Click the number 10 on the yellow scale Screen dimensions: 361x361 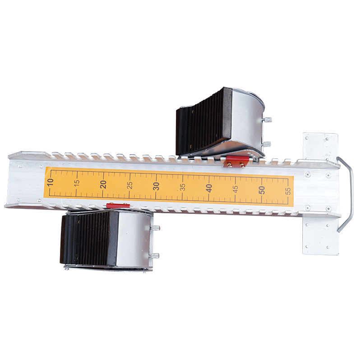(51, 182)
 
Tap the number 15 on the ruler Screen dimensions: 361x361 (77, 183)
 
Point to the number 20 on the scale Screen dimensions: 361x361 (103, 184)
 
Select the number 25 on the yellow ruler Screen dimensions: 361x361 (130, 185)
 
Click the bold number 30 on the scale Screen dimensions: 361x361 (156, 186)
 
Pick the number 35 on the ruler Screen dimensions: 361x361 (183, 187)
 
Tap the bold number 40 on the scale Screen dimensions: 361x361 (209, 188)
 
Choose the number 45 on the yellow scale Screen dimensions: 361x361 (235, 189)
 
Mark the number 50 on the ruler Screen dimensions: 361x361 (262, 190)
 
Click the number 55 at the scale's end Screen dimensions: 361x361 (288, 191)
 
